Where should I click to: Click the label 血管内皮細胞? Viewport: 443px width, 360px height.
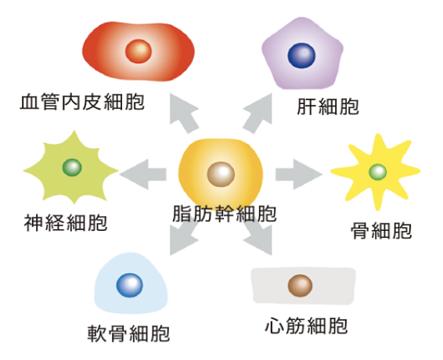point(82,102)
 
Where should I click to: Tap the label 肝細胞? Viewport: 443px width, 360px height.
point(328,106)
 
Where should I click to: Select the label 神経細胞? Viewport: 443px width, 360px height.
point(66,223)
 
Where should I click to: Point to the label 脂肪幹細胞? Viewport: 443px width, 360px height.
point(225,214)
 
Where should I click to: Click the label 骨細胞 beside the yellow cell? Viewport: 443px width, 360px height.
point(381,230)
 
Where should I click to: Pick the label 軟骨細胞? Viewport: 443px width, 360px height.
point(128,333)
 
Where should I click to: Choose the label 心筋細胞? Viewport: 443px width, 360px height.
point(306,326)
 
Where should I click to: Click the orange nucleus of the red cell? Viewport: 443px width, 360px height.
point(139,51)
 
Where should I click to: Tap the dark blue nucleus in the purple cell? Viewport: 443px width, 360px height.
point(301,56)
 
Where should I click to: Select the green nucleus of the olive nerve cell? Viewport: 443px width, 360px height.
point(72,167)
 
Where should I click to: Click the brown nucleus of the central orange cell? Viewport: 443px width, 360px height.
point(221,174)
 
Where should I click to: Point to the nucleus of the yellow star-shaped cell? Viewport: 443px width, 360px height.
point(378,171)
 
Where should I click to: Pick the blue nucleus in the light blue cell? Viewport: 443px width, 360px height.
point(129,285)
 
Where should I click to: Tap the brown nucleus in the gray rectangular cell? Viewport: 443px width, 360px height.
point(300,286)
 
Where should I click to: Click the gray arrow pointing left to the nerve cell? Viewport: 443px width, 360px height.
point(142,174)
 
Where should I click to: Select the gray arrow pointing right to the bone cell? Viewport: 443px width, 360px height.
point(299,174)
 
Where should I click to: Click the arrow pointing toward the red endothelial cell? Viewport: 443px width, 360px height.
point(184,113)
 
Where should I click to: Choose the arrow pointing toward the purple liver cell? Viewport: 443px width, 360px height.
point(258,113)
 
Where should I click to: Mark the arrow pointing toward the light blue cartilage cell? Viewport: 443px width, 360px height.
point(184,237)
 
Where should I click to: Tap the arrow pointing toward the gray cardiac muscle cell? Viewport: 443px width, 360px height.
point(258,237)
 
